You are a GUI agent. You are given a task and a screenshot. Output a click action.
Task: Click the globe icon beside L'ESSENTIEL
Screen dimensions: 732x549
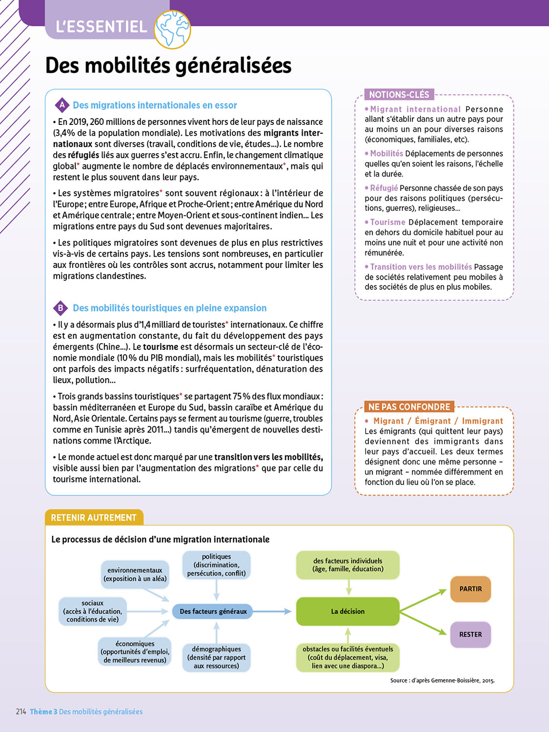[172, 29]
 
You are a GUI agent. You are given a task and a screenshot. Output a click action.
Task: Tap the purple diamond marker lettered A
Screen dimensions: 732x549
[62, 105]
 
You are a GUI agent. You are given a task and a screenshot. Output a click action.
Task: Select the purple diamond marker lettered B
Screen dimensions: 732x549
[61, 308]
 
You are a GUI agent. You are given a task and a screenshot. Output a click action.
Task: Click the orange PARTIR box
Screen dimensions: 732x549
[470, 589]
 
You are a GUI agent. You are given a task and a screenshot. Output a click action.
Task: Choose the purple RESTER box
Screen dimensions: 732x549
[470, 634]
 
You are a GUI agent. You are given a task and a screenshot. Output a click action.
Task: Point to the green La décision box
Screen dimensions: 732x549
[347, 611]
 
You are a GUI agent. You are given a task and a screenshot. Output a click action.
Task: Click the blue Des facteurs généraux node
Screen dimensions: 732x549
[213, 611]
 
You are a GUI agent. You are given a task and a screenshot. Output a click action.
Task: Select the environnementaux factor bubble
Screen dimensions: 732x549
[135, 574]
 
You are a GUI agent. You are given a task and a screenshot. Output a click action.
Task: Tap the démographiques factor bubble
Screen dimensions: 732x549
[216, 657]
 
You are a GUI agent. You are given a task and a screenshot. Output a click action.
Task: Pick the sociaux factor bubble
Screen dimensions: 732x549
[93, 611]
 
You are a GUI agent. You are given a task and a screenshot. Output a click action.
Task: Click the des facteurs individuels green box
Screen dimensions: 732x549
[347, 565]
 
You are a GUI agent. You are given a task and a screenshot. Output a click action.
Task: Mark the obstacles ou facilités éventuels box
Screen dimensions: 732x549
[347, 657]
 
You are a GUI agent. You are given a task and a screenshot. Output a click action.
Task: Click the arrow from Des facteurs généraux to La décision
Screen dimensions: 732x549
[272, 611]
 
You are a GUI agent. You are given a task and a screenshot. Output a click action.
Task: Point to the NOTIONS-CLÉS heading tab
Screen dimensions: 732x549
[399, 95]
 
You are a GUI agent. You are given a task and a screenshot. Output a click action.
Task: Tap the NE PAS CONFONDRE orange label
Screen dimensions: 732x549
[409, 407]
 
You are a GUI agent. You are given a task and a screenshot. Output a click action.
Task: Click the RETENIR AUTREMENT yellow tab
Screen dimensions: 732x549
[94, 517]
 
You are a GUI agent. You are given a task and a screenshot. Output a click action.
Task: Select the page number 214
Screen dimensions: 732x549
[21, 712]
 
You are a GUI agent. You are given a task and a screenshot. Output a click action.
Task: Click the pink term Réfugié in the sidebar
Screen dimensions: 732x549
[384, 188]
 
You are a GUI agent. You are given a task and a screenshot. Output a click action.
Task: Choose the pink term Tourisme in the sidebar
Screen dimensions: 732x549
[387, 222]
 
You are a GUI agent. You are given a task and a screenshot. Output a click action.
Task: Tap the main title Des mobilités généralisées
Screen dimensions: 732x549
[168, 65]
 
